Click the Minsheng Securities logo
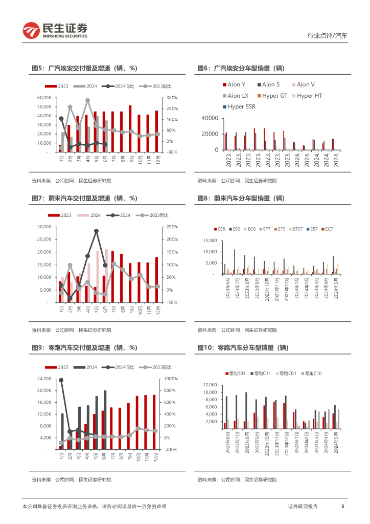55,30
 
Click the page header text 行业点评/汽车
327,36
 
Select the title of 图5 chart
84,68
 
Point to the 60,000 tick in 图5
42,97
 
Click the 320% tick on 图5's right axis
172,97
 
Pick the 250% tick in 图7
171,227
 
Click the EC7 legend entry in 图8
327,229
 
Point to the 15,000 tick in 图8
210,241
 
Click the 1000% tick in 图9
170,379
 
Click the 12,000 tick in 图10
210,385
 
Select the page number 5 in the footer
342,506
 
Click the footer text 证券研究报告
303,506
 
